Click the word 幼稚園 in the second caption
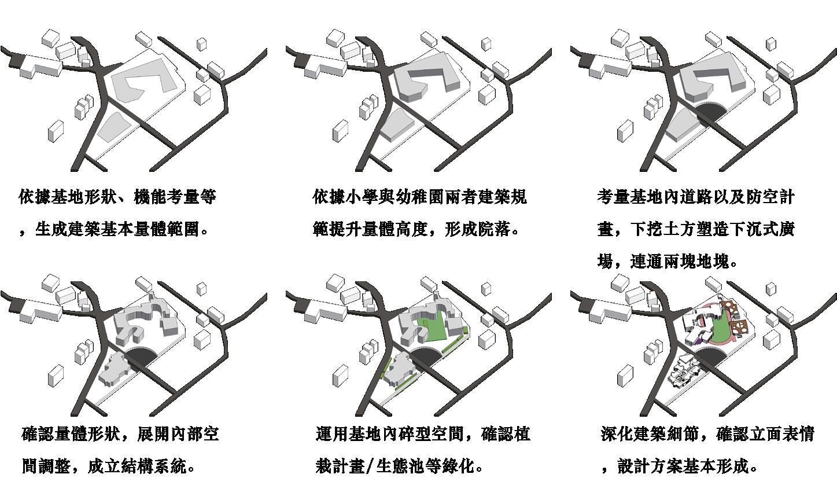point(403,197)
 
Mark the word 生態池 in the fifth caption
point(400,466)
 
